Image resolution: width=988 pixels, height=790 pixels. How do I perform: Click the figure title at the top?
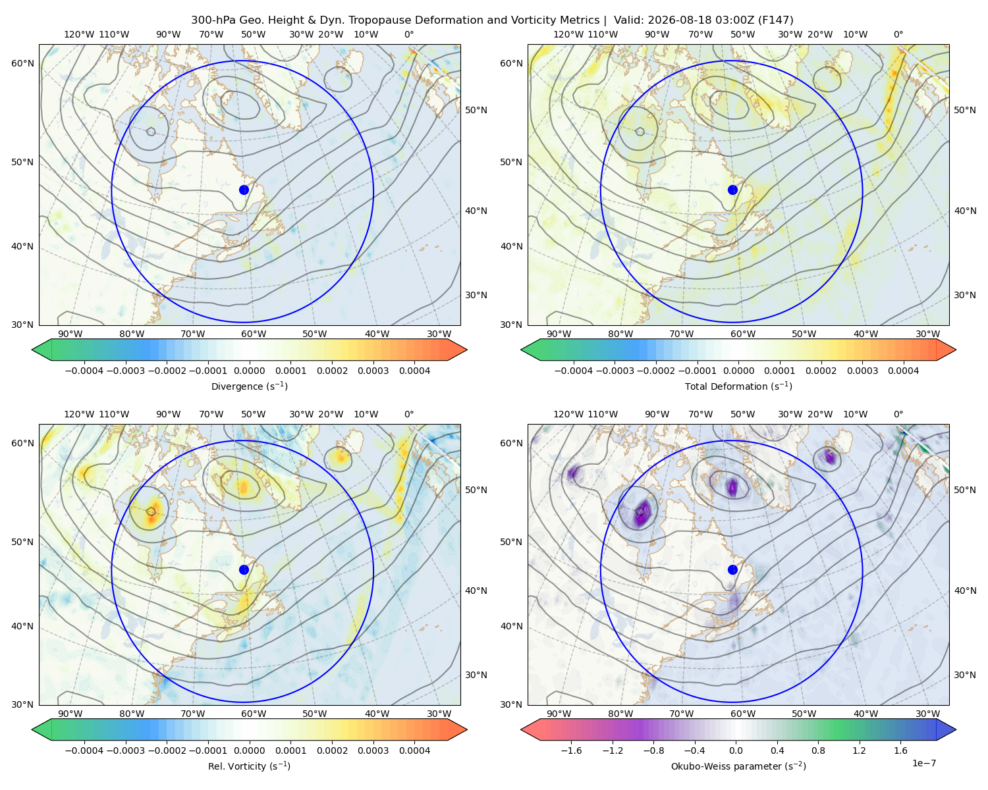[x=492, y=20]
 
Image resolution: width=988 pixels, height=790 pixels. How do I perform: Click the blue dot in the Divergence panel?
[x=244, y=190]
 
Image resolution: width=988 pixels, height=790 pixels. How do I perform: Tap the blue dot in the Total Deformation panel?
[x=732, y=190]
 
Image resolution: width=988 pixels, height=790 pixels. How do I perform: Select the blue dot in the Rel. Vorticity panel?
[x=244, y=569]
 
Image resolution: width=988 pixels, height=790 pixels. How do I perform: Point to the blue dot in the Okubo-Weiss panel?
[x=732, y=569]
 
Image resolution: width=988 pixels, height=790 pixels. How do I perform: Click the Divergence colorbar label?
[x=249, y=386]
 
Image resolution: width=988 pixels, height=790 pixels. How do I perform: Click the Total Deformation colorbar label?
[x=738, y=386]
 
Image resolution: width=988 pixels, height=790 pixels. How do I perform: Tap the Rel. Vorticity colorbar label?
[x=249, y=766]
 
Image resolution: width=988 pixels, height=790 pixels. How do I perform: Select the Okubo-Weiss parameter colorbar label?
[x=738, y=766]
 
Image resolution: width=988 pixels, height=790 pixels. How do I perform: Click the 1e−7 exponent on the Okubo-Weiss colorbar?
[x=923, y=763]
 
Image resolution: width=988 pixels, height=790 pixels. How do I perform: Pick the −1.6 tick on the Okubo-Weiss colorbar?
[x=571, y=750]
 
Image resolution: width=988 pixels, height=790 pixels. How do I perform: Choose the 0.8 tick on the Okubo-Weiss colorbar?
[x=818, y=750]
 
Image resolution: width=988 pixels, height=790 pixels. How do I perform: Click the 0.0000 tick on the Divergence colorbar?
[x=249, y=371]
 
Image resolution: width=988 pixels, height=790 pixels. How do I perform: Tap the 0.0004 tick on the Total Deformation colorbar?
[x=904, y=371]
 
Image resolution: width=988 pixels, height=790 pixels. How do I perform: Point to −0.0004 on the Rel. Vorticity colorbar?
[x=84, y=750]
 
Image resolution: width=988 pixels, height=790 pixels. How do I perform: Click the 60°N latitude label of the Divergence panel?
[x=22, y=63]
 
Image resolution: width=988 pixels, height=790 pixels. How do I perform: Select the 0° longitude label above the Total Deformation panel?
[x=898, y=34]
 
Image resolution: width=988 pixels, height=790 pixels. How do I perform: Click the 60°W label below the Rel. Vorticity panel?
[x=254, y=714]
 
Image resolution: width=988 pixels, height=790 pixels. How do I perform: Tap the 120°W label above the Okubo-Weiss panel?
[x=568, y=414]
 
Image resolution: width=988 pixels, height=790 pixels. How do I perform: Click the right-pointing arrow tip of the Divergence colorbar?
[x=467, y=350]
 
